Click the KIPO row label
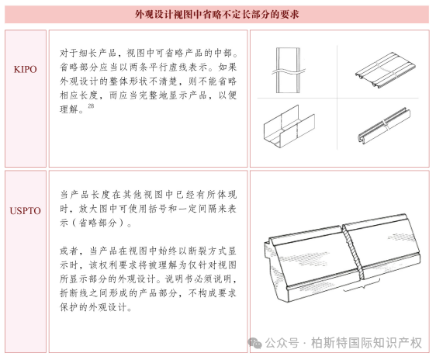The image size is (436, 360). [26, 69]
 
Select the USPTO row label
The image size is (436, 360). [26, 211]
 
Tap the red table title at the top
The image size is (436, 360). [217, 14]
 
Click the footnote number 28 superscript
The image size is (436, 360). [91, 106]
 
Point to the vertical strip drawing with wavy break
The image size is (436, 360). [289, 71]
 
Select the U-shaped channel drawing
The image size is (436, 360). [289, 126]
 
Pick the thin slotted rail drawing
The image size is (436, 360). [384, 126]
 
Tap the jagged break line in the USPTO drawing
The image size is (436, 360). [352, 252]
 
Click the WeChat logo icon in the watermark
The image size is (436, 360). [254, 343]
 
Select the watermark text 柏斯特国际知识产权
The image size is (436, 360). [366, 343]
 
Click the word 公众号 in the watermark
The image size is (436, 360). [282, 343]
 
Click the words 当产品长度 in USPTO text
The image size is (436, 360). [85, 195]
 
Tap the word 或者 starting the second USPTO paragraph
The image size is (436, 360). [69, 251]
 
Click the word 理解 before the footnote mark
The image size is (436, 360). [69, 109]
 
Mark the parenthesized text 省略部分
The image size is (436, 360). [98, 223]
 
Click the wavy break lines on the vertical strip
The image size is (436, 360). [289, 71]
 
